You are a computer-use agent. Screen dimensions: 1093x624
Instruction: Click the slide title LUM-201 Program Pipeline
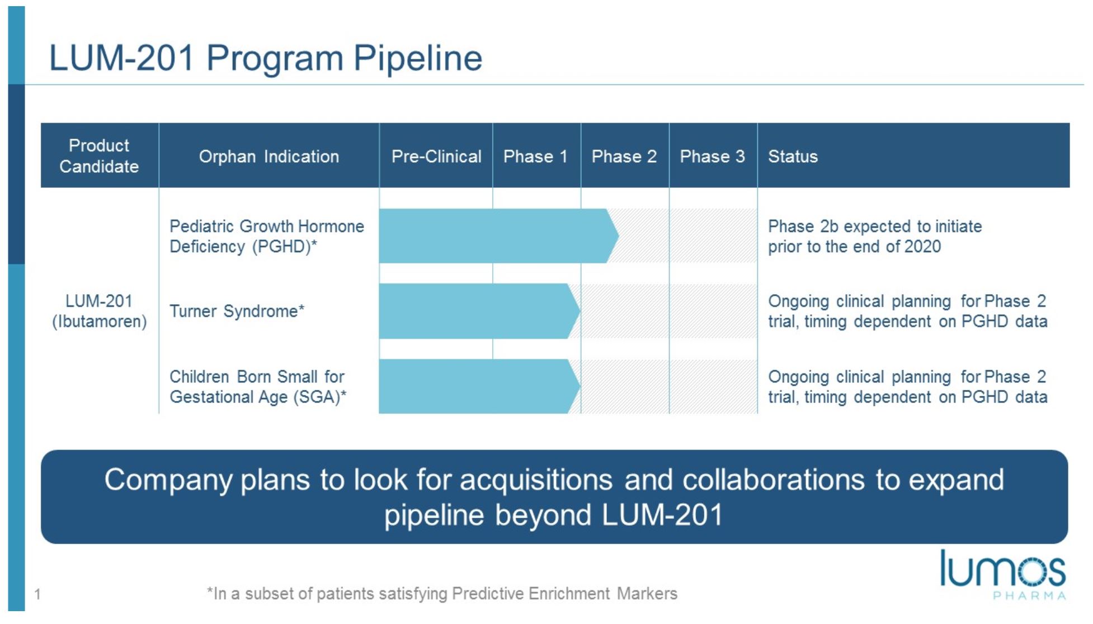tap(266, 58)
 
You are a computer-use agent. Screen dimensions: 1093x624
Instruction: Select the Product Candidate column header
tap(99, 156)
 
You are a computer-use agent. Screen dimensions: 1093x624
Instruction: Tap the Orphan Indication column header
tap(269, 157)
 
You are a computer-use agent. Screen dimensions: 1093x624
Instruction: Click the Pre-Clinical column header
tap(436, 157)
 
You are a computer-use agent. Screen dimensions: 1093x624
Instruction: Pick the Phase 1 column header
tap(535, 157)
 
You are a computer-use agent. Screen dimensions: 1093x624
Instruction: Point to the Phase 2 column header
tap(624, 157)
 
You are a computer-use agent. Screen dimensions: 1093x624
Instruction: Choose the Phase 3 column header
tap(712, 157)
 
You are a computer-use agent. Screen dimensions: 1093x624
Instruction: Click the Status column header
tap(793, 157)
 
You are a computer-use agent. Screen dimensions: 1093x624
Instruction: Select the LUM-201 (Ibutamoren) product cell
tap(100, 311)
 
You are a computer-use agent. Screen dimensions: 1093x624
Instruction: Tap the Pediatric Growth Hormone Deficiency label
tap(267, 237)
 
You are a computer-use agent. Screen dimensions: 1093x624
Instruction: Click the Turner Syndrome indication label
tap(237, 311)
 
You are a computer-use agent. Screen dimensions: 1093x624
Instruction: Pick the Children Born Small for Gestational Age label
tap(258, 387)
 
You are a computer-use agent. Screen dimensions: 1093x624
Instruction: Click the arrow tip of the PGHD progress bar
tap(618, 236)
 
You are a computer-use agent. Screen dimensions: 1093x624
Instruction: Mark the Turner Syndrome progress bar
tap(479, 311)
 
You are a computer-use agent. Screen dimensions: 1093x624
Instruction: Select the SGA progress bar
tap(479, 386)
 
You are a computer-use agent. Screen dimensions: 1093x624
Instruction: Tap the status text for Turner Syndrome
tap(907, 311)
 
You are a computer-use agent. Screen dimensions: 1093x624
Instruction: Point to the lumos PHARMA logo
tap(1003, 575)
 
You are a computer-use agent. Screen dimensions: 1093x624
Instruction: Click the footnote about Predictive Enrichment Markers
tap(442, 593)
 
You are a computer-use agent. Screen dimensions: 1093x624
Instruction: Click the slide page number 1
tap(37, 594)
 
